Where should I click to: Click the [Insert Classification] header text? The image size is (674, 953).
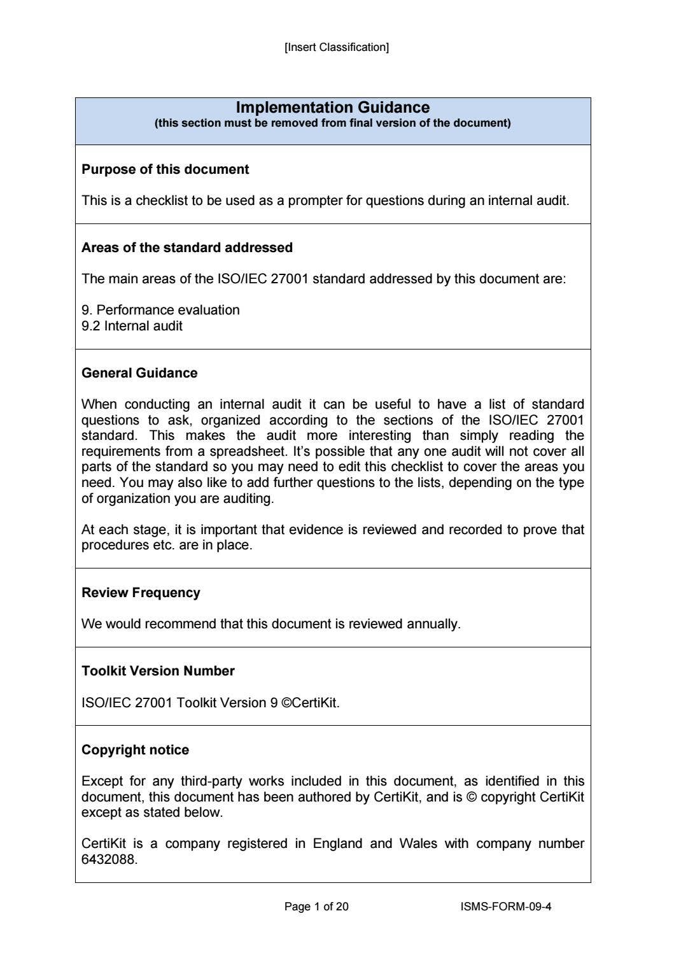(x=336, y=47)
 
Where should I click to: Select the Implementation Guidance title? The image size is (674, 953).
(x=332, y=108)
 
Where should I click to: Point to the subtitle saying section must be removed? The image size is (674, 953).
(x=332, y=123)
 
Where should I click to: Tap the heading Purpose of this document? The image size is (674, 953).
(x=165, y=169)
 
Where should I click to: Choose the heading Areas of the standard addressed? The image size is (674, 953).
(x=186, y=248)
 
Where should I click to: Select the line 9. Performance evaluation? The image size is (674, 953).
(x=160, y=310)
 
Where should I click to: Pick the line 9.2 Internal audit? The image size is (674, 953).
(x=132, y=326)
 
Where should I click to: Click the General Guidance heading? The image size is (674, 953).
(x=139, y=373)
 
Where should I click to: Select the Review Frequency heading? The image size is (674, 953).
(x=141, y=593)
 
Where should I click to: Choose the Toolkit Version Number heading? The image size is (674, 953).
(x=158, y=671)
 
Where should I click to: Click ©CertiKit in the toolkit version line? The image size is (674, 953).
(x=310, y=703)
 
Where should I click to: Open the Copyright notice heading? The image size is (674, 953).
(x=135, y=750)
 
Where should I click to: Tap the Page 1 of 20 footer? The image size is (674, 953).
(x=316, y=907)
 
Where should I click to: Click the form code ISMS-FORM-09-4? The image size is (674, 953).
(x=505, y=907)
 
